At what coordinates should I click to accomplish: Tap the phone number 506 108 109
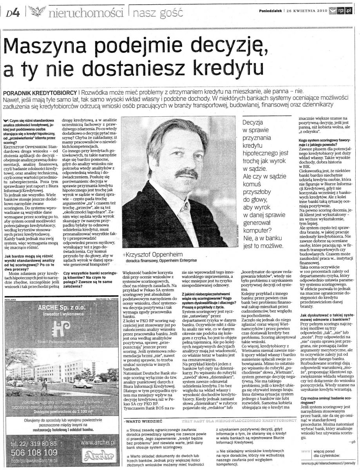point(34,452)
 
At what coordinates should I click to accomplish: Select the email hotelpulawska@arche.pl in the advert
point(34,461)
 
